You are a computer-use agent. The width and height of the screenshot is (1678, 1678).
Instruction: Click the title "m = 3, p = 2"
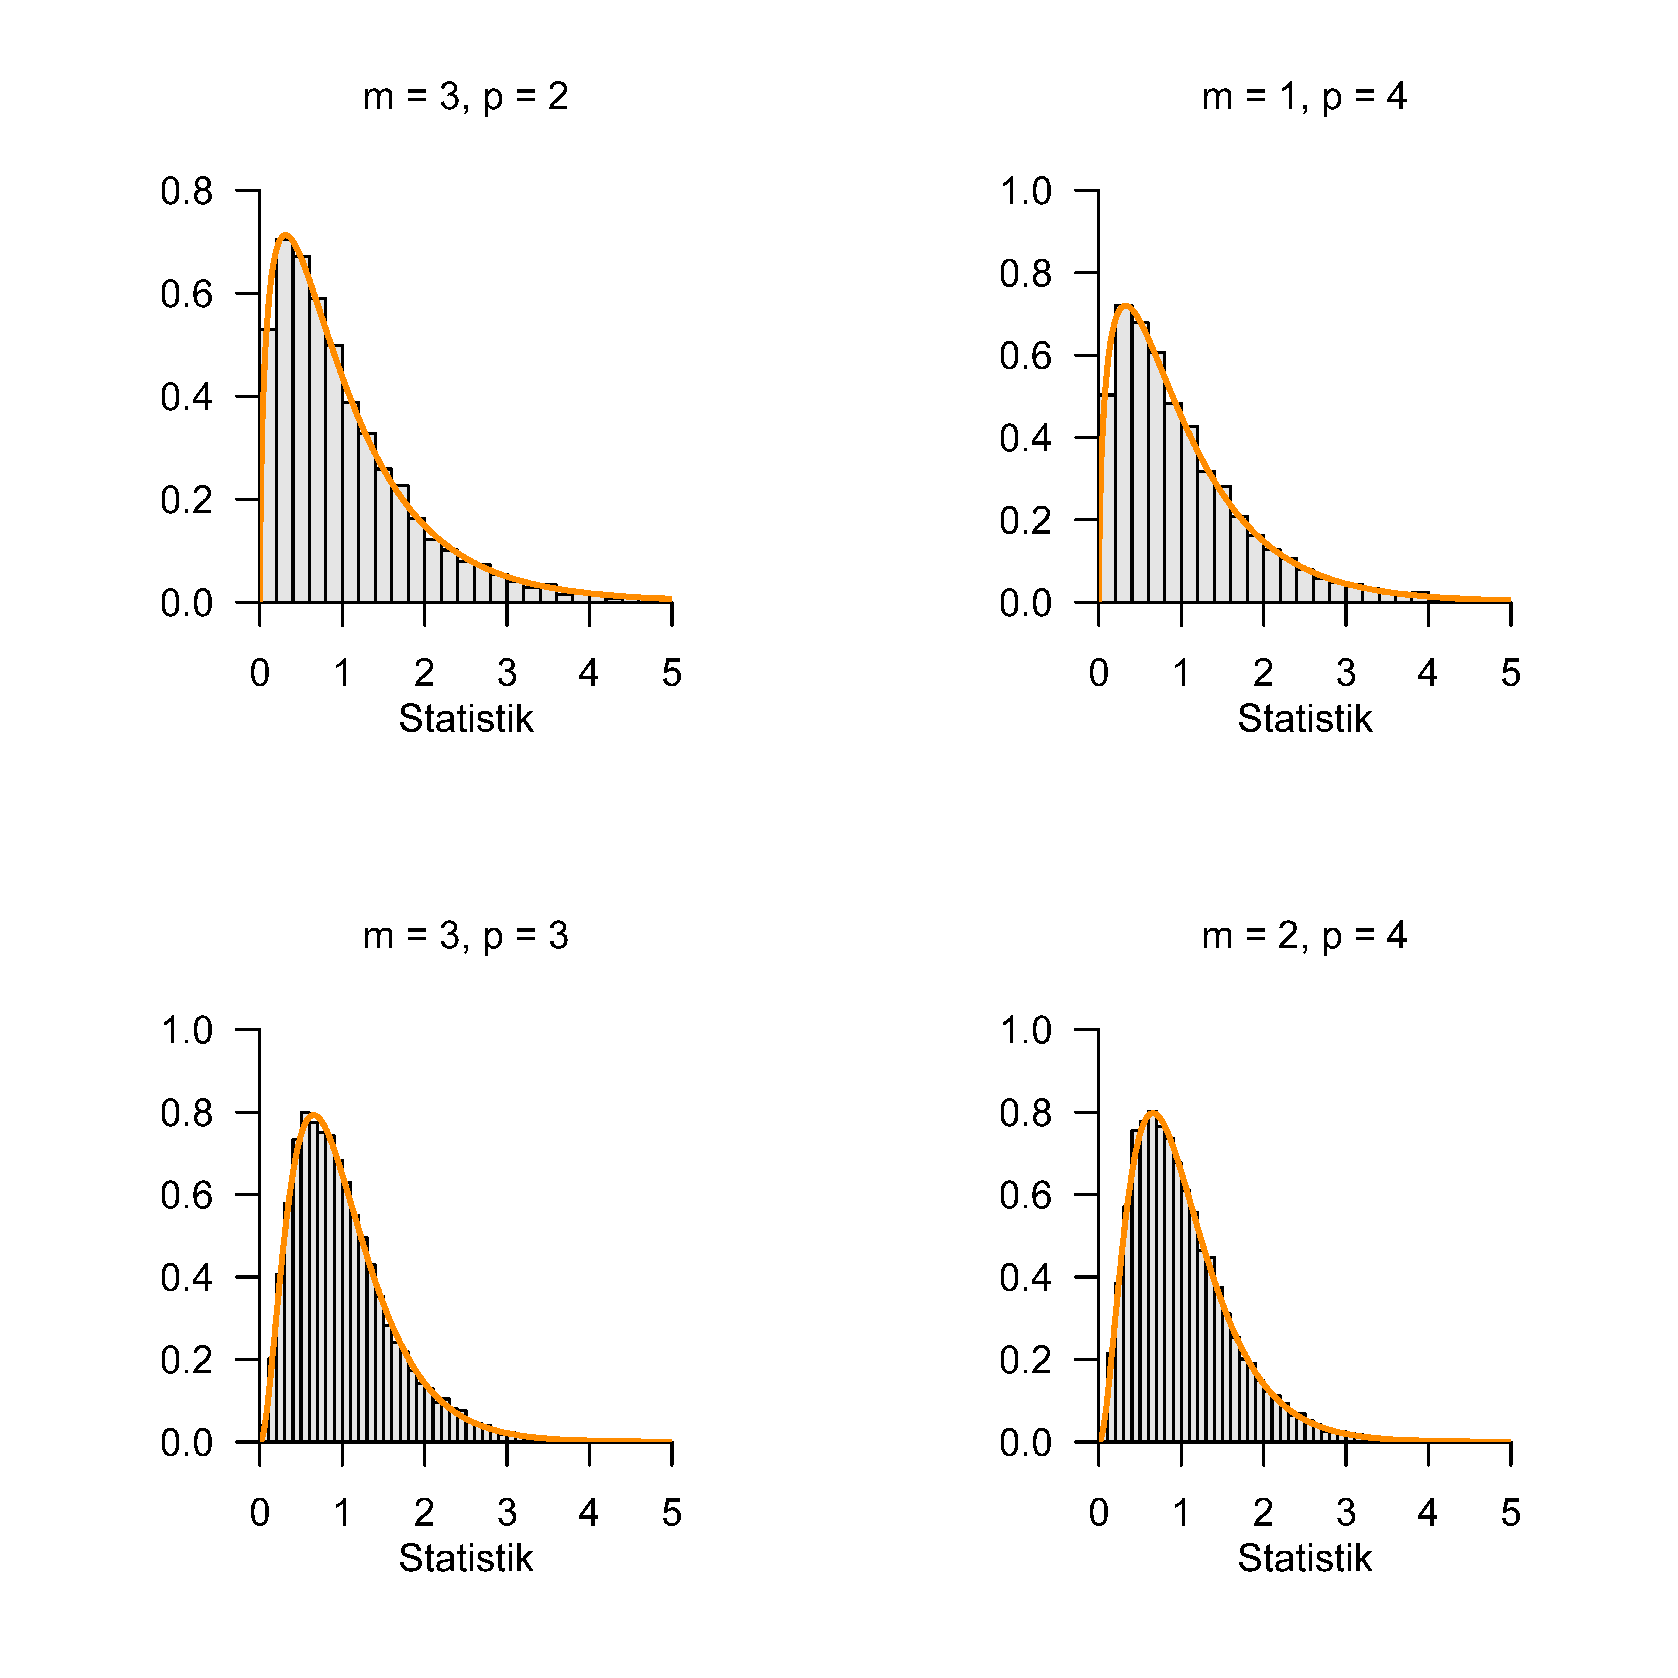(466, 96)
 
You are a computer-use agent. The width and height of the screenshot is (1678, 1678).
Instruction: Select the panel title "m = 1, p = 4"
(1305, 96)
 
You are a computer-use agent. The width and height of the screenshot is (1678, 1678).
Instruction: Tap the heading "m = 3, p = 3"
(466, 935)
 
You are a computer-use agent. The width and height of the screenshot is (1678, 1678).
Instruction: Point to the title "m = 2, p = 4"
(1305, 935)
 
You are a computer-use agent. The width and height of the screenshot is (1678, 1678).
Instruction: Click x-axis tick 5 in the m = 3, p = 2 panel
(671, 673)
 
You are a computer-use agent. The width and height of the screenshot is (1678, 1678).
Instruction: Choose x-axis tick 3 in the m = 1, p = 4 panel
(1345, 673)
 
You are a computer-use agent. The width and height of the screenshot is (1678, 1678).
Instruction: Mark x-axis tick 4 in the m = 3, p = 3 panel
(589, 1513)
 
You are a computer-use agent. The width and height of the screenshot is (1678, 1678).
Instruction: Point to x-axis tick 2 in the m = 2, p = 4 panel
(1263, 1513)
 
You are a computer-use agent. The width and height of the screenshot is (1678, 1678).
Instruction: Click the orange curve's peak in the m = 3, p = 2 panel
(285, 235)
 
